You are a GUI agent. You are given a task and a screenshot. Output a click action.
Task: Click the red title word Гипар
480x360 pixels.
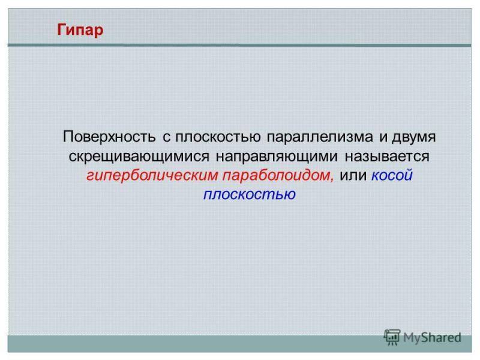point(80,31)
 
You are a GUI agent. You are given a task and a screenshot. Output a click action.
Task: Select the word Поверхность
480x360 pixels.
point(109,137)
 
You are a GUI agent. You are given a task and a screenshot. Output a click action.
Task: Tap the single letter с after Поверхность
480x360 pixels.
point(166,137)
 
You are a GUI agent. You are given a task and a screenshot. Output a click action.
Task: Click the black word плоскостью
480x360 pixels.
point(218,137)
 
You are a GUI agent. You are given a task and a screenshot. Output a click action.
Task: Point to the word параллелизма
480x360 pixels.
point(320,137)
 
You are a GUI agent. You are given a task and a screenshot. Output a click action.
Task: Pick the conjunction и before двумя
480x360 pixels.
point(383,137)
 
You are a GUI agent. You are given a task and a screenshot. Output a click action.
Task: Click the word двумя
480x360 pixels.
point(413,137)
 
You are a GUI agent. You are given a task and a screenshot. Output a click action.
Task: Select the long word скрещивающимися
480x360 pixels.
point(139,157)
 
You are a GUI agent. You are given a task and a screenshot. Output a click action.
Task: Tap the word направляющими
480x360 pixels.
point(277,157)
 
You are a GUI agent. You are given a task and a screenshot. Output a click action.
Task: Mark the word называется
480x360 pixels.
point(387,157)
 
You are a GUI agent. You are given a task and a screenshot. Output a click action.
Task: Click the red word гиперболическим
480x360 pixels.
point(152,175)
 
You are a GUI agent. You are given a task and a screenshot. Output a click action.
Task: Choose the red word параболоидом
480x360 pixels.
point(277,175)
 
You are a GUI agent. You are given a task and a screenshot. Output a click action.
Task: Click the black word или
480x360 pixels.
point(353,176)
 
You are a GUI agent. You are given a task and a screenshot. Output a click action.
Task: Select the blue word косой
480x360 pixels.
point(392,175)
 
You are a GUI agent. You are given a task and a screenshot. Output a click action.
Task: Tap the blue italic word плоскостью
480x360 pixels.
point(250,194)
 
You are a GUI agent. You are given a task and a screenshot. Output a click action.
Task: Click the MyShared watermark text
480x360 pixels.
point(432,338)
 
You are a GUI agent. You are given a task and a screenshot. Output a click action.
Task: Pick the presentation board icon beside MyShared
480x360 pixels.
point(392,337)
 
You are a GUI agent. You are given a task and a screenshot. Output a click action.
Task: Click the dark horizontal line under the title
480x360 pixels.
point(239,46)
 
